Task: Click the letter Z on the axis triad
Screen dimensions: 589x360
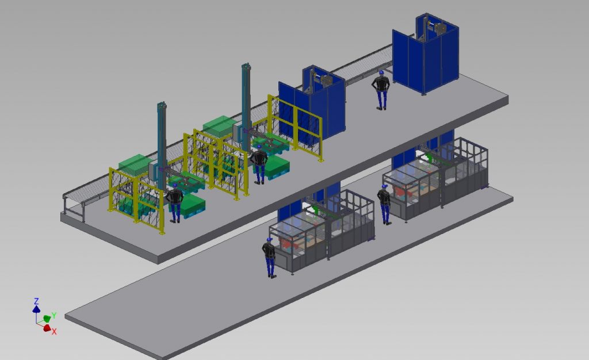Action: [36, 301]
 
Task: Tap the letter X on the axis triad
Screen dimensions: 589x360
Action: [54, 331]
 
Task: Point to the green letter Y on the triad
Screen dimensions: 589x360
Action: [53, 315]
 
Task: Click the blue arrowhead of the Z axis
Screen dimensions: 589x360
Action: [36, 309]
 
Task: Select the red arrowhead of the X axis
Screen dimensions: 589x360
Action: [47, 328]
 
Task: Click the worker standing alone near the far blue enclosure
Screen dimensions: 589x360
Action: [381, 90]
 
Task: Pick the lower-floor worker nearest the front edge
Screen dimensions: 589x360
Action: [269, 258]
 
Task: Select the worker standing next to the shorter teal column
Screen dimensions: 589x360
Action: [174, 203]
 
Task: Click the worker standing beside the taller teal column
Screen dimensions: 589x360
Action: [259, 164]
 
